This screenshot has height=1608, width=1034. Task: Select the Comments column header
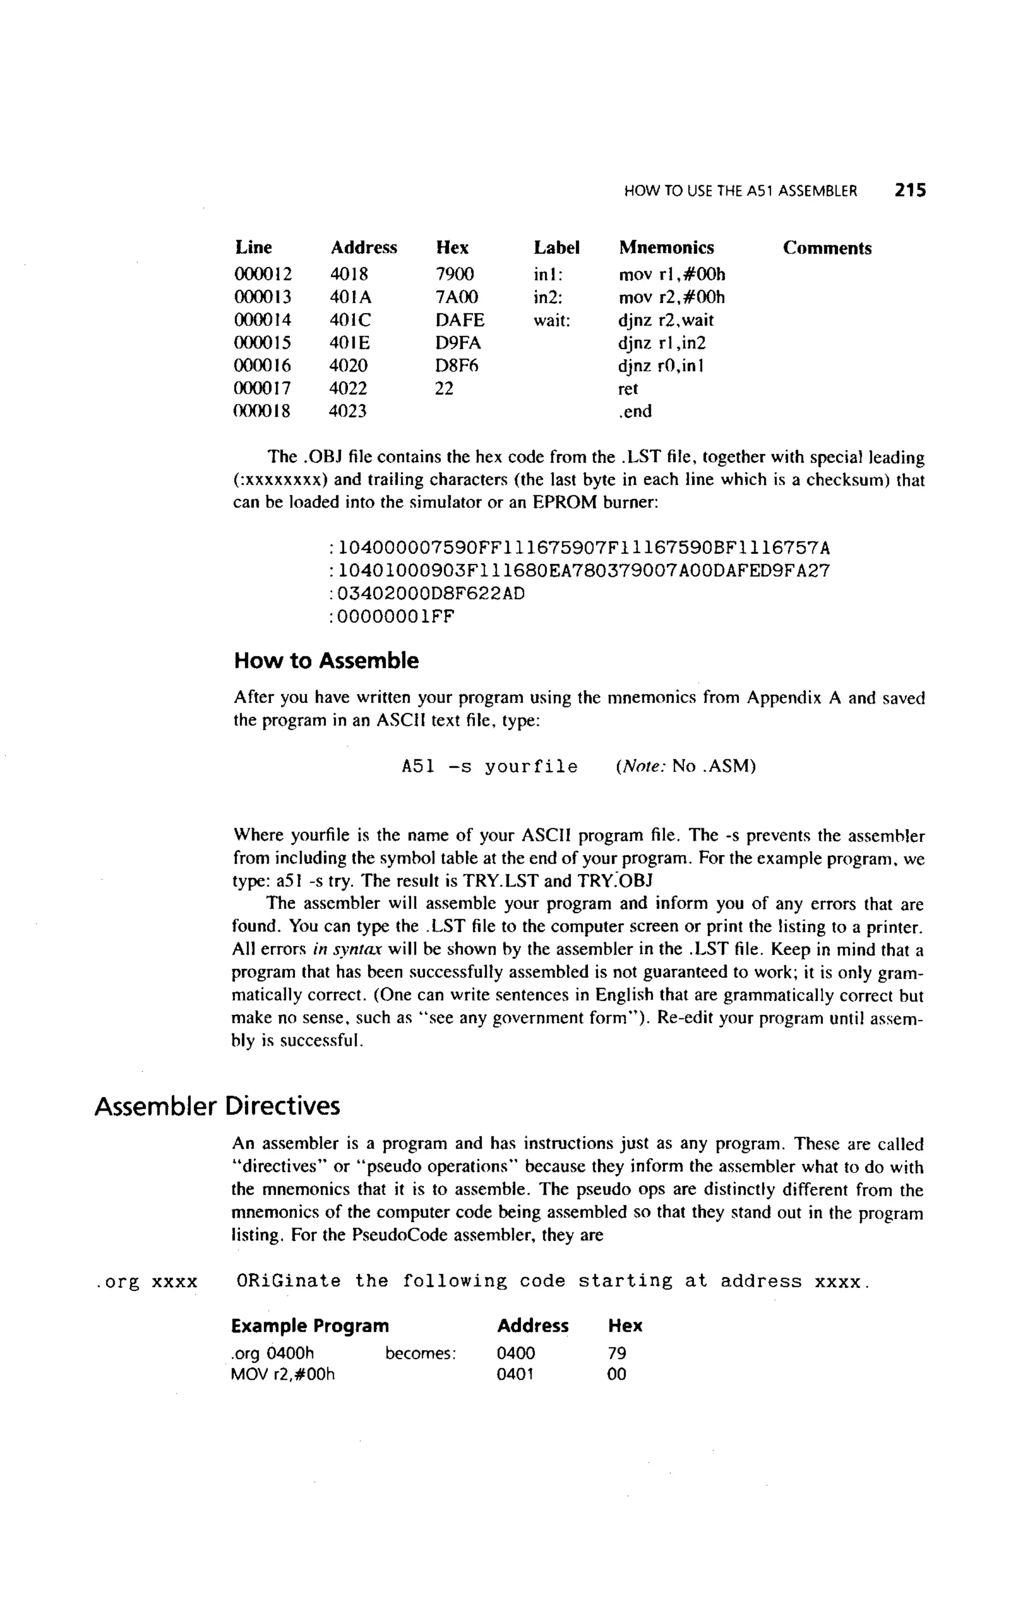coord(826,248)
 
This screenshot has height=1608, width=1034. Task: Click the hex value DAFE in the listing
coord(459,320)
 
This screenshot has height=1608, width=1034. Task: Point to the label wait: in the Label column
coord(551,320)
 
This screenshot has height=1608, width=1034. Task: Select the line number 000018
coord(262,411)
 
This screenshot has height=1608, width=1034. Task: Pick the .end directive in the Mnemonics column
coord(635,411)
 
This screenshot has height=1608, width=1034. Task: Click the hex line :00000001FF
coord(391,616)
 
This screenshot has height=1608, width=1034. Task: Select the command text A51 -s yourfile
coord(489,767)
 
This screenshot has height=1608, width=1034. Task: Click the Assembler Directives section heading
coord(217,1105)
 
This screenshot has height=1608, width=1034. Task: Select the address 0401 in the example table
coord(515,1374)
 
